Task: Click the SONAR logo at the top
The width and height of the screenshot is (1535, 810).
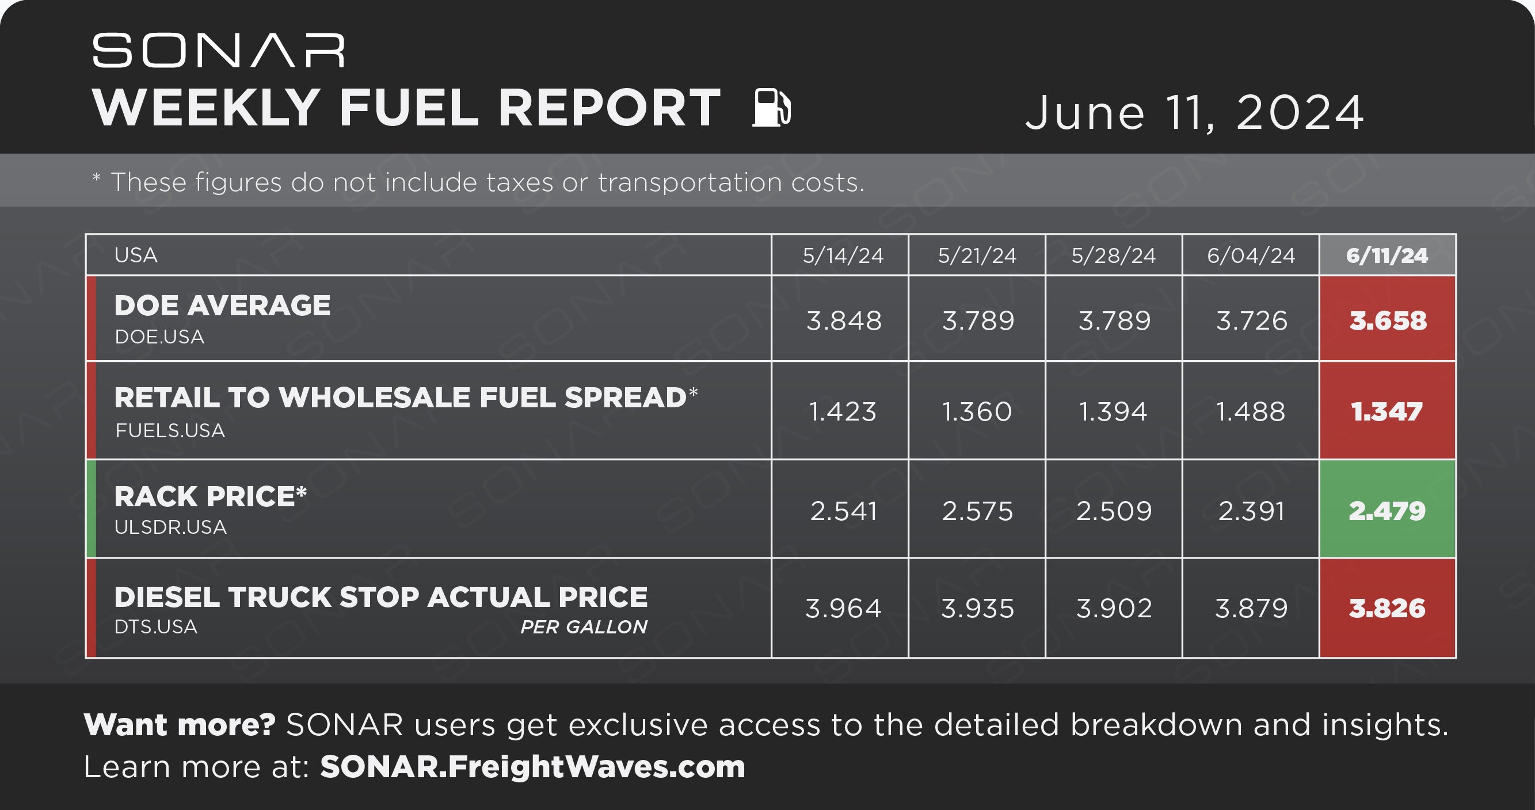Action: click(219, 51)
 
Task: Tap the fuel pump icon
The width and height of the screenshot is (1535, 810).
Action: click(772, 107)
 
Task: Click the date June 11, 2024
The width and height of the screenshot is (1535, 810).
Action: click(1194, 113)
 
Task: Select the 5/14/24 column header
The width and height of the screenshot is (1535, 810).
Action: click(843, 255)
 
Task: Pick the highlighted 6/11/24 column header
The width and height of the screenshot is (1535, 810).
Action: click(1387, 255)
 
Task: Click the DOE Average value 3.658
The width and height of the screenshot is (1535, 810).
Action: click(1388, 321)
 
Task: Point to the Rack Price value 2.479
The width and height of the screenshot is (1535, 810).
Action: click(1387, 511)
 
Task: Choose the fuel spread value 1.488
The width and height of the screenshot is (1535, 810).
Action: click(1250, 411)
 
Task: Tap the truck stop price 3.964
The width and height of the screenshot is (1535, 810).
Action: click(843, 609)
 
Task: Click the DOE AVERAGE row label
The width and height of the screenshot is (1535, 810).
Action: click(222, 305)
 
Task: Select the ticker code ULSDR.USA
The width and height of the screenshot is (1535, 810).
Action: click(170, 527)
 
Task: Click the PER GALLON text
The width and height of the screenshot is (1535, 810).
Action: click(584, 626)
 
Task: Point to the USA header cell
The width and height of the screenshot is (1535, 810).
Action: click(136, 255)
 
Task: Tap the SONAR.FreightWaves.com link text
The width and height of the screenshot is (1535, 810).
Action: click(533, 766)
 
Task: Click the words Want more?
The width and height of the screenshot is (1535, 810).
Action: click(180, 725)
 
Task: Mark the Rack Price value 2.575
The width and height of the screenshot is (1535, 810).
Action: click(977, 511)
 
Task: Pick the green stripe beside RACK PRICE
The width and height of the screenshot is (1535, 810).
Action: click(91, 509)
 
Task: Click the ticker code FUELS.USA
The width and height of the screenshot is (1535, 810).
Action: click(170, 430)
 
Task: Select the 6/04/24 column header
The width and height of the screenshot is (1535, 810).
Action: click(1251, 255)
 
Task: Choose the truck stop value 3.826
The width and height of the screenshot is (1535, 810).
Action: click(1387, 609)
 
